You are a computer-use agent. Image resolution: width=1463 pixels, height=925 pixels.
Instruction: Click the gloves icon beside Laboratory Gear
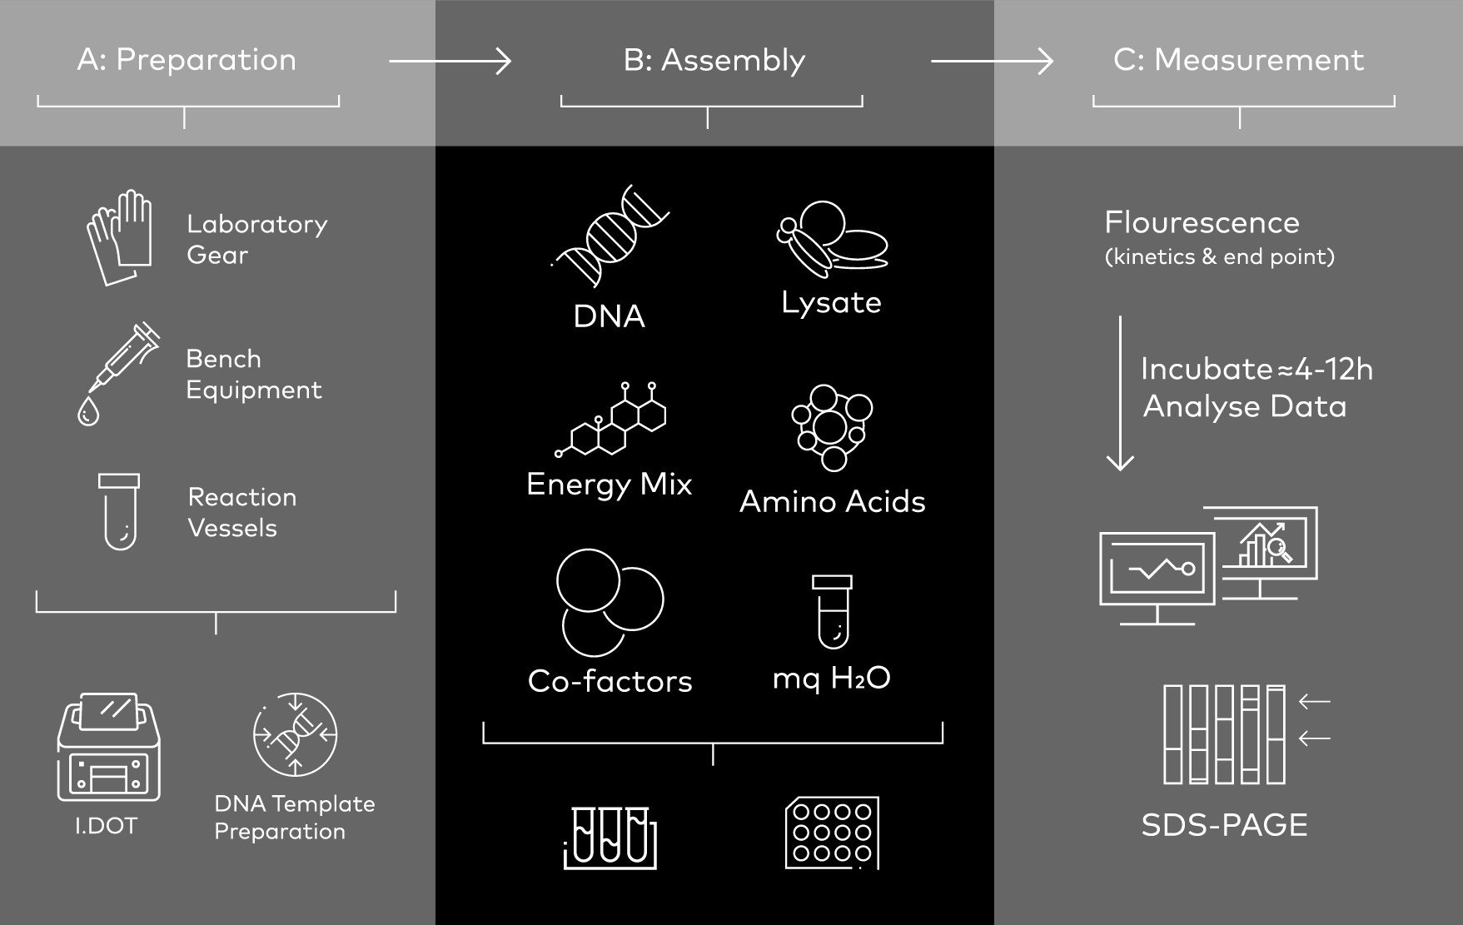[x=120, y=237]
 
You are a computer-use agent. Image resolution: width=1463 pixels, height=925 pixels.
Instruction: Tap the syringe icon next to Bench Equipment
[x=118, y=373]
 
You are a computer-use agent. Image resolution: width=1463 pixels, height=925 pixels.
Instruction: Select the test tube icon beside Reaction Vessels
[x=119, y=511]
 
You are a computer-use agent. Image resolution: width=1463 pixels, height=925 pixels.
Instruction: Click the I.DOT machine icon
[x=108, y=747]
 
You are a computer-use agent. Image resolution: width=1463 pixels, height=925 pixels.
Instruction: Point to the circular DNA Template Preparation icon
[x=295, y=734]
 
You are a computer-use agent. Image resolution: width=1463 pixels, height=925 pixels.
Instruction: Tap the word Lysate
[x=831, y=303]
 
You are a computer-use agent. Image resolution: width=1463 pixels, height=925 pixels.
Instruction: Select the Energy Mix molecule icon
[x=611, y=420]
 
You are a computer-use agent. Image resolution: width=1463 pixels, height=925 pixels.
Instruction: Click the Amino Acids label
[x=832, y=502]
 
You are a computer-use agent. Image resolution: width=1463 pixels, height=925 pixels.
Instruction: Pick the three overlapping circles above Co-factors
[x=609, y=602]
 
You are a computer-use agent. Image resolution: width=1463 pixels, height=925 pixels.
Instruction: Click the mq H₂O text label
[x=831, y=679]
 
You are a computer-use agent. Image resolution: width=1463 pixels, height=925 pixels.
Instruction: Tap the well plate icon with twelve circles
[x=832, y=833]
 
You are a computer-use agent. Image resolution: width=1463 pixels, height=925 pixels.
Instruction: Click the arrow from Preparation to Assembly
[x=450, y=61]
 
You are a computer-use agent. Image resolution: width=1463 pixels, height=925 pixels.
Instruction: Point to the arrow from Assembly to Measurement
[x=992, y=61]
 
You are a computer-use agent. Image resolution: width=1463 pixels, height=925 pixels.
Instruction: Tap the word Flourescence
[x=1202, y=223]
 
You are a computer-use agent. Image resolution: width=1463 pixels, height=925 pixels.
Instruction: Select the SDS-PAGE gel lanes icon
[x=1224, y=734]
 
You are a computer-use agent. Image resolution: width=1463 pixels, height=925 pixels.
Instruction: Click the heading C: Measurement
[x=1238, y=60]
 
